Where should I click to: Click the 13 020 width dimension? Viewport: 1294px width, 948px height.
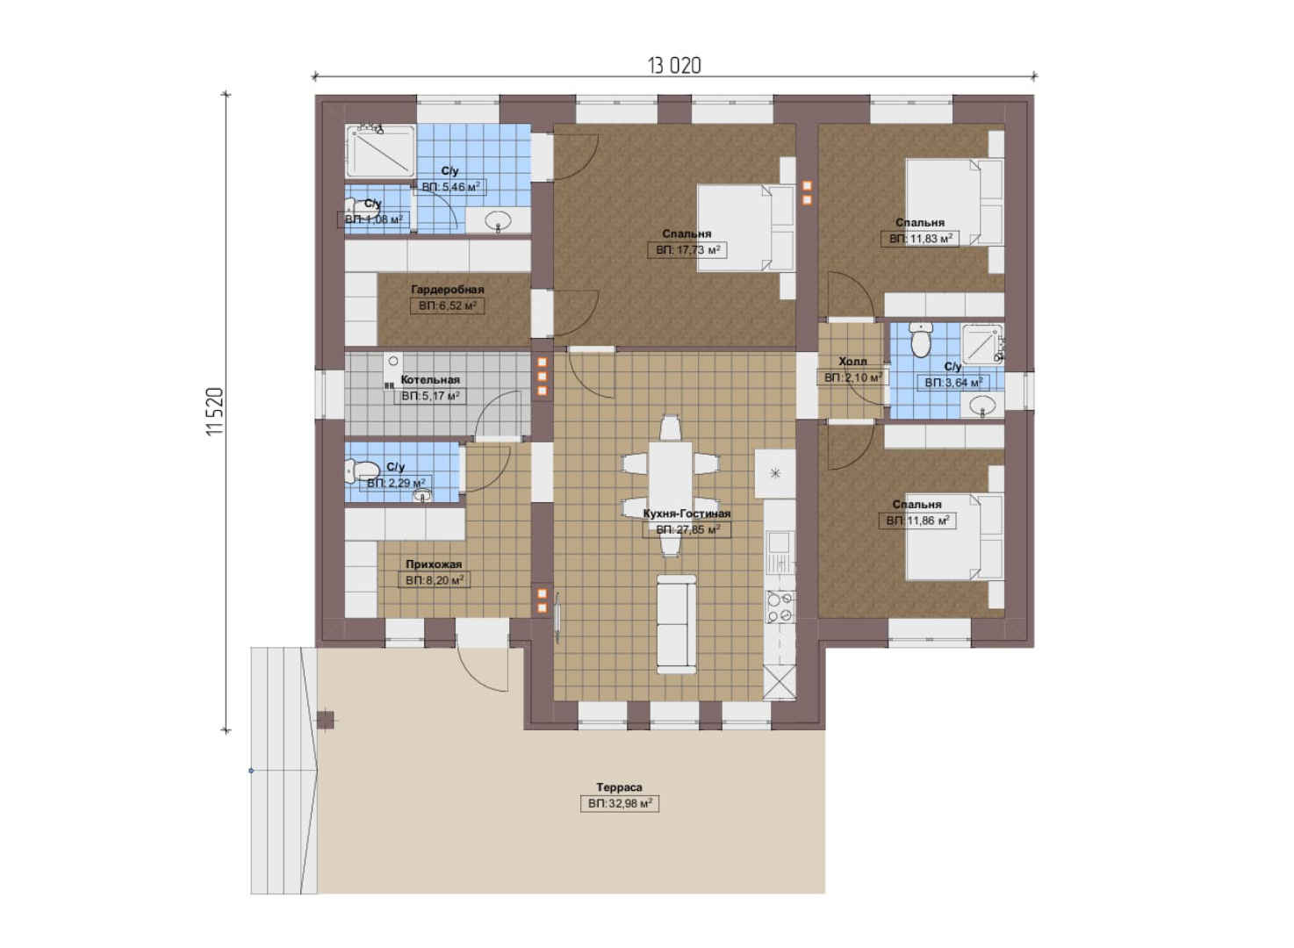674,66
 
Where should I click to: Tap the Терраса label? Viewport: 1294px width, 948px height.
619,786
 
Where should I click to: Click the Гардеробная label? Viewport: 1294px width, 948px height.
447,290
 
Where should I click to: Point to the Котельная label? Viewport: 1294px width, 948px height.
430,379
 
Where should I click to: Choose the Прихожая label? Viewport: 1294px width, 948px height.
434,564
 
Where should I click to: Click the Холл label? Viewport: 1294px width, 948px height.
852,362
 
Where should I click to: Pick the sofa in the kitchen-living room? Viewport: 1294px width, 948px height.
677,624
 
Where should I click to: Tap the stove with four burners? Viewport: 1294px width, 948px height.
780,607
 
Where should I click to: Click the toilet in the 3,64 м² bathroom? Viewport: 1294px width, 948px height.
920,340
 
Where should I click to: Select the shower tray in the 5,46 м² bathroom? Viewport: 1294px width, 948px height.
380,151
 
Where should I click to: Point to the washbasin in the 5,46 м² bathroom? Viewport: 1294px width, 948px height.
498,220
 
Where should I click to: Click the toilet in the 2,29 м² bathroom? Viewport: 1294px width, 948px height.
363,470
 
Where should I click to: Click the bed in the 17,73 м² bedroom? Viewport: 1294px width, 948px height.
745,227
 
